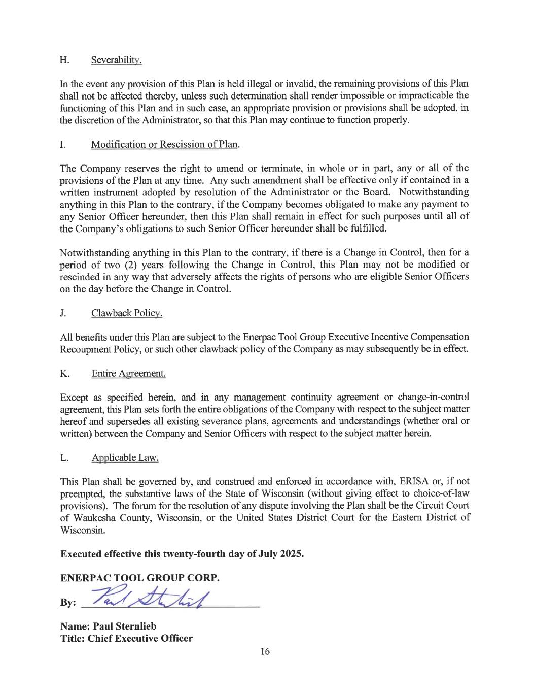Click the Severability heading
click(x=116, y=60)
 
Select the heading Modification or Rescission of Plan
click(x=165, y=144)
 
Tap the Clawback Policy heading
click(x=127, y=313)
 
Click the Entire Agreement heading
click(x=128, y=374)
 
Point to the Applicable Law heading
click(x=125, y=458)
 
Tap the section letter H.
click(x=64, y=60)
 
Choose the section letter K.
click(x=64, y=374)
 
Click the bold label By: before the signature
click(x=68, y=603)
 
